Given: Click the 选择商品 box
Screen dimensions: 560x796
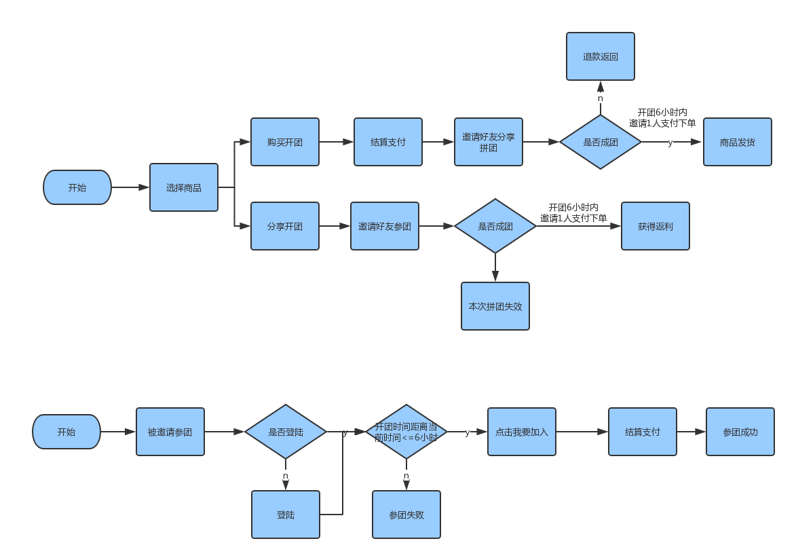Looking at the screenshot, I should (x=184, y=187).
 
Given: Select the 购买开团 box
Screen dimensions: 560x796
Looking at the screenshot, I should (x=285, y=142).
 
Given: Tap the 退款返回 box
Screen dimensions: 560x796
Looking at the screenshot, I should (x=601, y=56).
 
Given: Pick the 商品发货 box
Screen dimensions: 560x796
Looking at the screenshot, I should (x=738, y=142).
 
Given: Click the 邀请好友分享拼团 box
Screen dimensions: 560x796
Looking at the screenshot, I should (x=489, y=142).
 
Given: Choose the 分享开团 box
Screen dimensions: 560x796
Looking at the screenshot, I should (x=285, y=226).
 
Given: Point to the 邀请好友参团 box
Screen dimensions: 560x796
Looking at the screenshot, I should (x=385, y=226).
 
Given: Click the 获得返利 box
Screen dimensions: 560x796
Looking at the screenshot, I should (x=656, y=226).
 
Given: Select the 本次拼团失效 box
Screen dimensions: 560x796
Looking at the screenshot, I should (x=495, y=306).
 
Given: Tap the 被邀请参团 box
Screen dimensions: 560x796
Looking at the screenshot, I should (x=170, y=432).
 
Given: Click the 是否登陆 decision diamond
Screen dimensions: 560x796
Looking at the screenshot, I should (x=286, y=432).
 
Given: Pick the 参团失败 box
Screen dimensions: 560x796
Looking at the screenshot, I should (x=406, y=515).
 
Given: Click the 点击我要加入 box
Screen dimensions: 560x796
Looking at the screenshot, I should (x=522, y=432).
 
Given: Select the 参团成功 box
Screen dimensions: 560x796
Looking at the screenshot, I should (x=740, y=432).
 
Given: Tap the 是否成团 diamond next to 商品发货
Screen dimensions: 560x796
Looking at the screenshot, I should (x=601, y=142).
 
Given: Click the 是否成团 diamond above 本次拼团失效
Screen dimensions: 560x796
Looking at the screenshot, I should (x=495, y=226).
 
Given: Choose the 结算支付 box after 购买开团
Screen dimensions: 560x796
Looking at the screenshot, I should (x=388, y=142).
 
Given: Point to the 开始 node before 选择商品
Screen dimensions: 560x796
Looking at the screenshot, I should (x=77, y=187).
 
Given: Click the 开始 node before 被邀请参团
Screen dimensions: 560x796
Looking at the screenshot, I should (x=67, y=432).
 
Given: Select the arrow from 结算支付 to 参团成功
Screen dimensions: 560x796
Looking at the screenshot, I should (x=691, y=432).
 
